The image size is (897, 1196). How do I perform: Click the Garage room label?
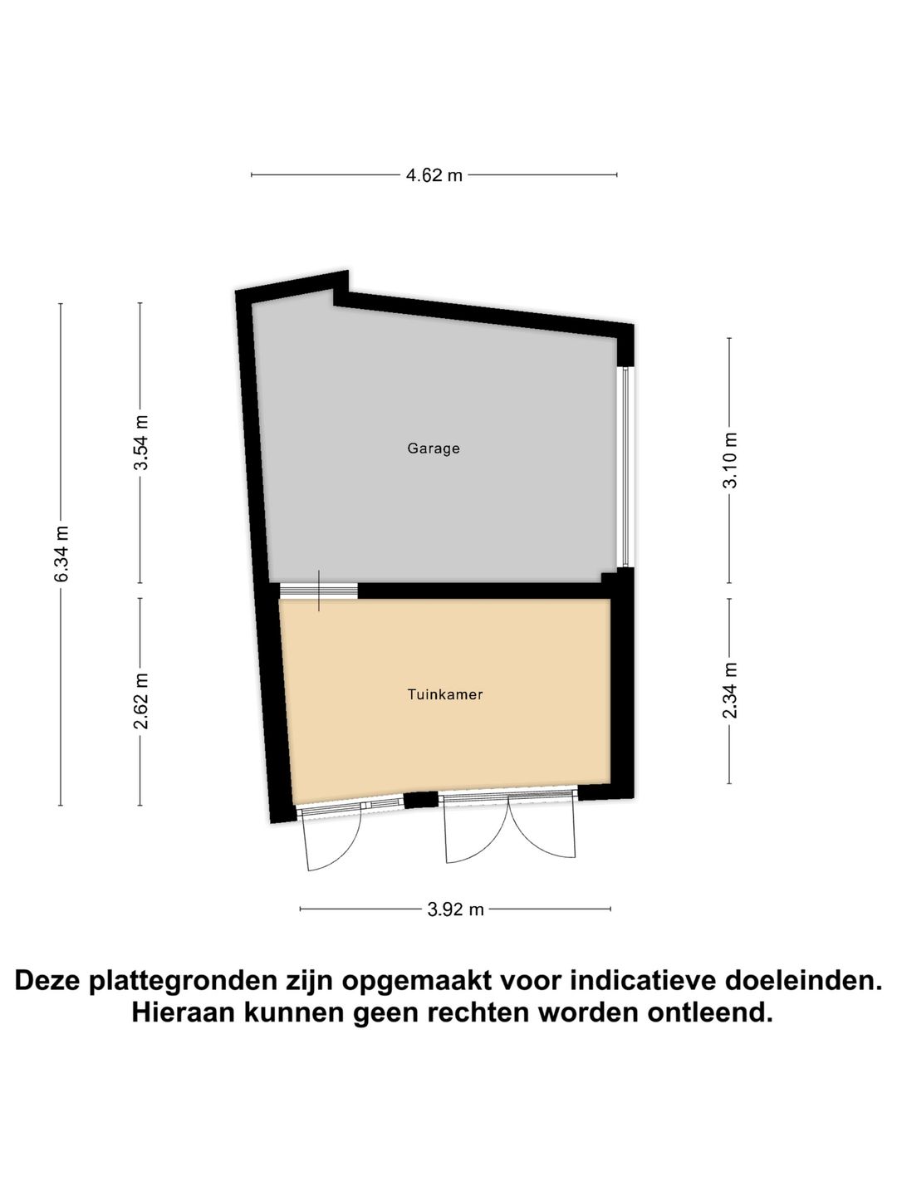coord(433,448)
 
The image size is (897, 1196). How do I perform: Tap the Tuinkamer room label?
coord(444,694)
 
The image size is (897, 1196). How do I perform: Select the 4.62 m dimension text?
coord(434,175)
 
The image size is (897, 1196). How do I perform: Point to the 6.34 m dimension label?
coord(61,554)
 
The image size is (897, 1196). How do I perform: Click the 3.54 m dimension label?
coord(141,443)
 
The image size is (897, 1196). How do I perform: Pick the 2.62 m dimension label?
coord(141,701)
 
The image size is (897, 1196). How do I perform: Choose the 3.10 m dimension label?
coord(730,461)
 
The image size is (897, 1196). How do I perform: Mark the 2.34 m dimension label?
coord(730,691)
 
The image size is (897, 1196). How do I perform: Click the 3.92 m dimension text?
coord(455,909)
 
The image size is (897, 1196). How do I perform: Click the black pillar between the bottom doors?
coord(420,801)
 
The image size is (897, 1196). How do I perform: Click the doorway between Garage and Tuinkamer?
coord(318,591)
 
